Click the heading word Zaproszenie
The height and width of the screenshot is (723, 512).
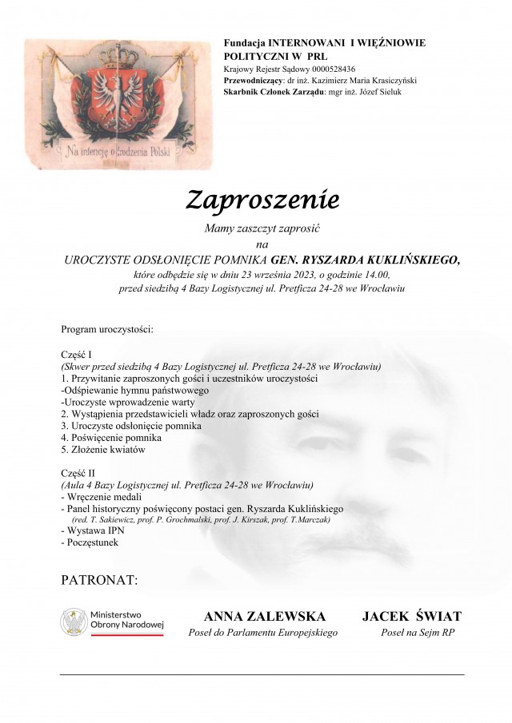[252, 200]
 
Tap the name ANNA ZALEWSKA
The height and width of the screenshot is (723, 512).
[265, 616]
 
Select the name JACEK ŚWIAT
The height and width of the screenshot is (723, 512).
[411, 616]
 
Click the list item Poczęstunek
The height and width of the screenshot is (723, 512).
[90, 542]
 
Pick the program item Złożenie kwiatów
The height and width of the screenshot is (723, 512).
[103, 449]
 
